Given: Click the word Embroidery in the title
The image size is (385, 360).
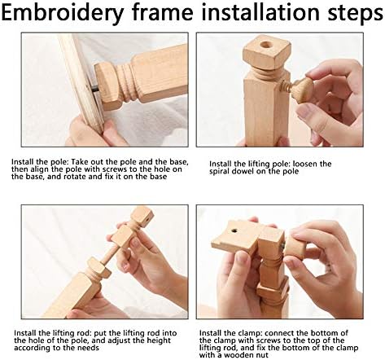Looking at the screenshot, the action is (63, 13).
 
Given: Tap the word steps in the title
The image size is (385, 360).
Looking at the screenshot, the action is (355, 13).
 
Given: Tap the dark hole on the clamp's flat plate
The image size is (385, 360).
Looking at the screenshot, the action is (234, 231).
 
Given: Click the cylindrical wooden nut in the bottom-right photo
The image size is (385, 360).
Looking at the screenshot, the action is (295, 248).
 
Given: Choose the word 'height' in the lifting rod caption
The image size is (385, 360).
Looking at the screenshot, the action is (159, 340).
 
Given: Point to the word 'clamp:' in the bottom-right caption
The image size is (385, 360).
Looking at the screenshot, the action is (249, 333).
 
